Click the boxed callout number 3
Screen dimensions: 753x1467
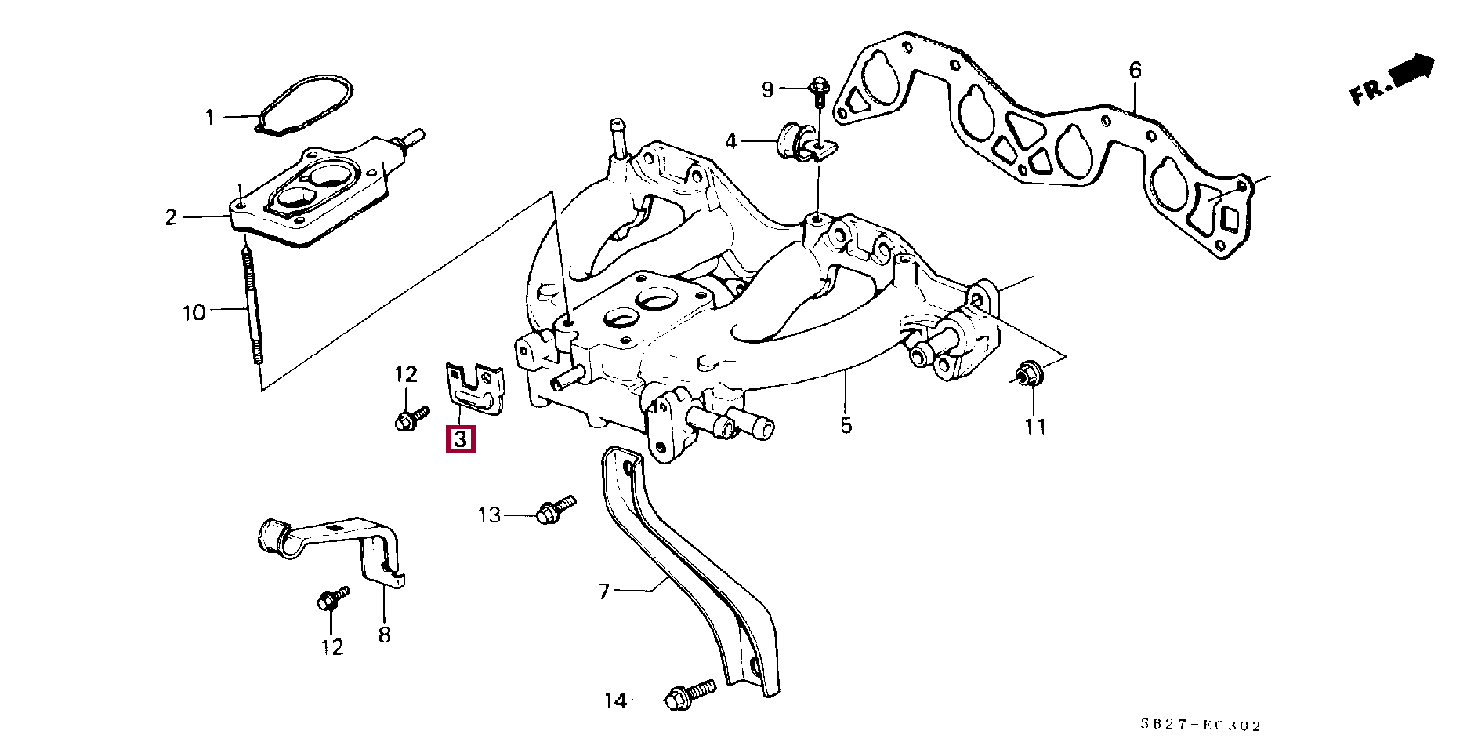click(x=461, y=439)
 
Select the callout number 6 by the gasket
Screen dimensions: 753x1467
click(x=1136, y=71)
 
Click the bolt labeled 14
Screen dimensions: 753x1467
click(x=690, y=695)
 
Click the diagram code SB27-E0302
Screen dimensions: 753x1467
click(x=1200, y=726)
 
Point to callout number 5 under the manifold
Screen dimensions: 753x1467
click(x=846, y=426)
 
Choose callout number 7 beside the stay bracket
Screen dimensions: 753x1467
click(x=603, y=591)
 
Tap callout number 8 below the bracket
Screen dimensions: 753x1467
click(x=384, y=634)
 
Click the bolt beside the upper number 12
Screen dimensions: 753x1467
click(x=411, y=418)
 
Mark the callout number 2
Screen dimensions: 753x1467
click(x=172, y=217)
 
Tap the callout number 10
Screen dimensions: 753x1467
click(x=194, y=313)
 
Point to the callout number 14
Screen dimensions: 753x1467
click(x=616, y=700)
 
